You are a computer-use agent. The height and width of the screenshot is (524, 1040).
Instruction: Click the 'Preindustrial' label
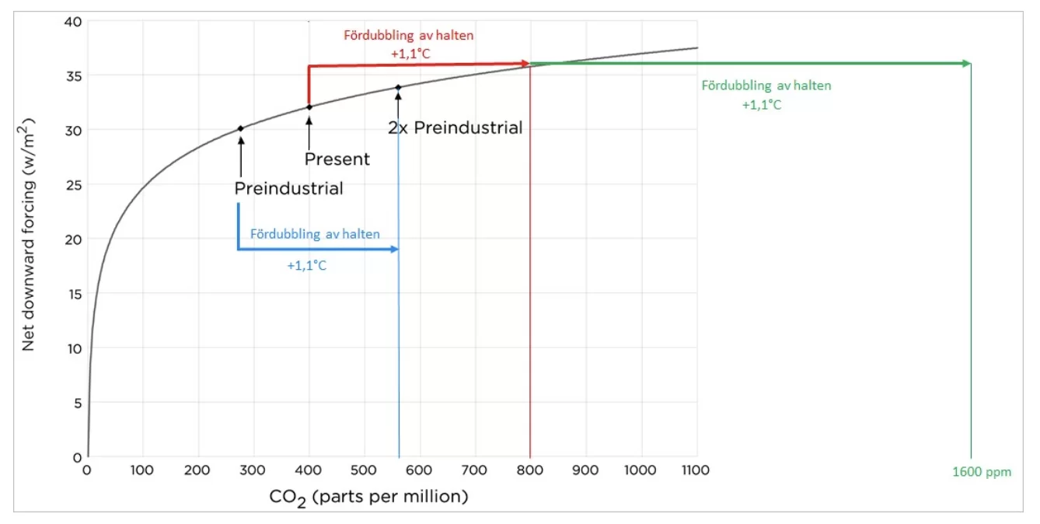288,189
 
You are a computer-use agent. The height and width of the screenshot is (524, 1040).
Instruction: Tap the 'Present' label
337,159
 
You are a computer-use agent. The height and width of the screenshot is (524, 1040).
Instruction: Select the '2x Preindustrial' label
455,128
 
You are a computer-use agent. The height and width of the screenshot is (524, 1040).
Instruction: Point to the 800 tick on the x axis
530,470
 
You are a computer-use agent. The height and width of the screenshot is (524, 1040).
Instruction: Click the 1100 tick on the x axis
695,470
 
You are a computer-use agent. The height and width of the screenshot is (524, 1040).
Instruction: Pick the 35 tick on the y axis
71,76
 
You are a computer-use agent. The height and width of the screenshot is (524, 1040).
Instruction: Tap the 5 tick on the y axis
75,403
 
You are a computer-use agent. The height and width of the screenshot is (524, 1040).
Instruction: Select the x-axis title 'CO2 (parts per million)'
368,497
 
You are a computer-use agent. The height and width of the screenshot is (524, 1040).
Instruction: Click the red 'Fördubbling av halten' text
409,35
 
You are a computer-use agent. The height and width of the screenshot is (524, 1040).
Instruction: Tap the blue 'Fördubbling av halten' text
315,233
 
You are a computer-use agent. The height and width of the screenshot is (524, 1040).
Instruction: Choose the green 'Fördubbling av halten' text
766,86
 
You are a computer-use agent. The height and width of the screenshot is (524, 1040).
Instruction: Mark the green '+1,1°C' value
762,105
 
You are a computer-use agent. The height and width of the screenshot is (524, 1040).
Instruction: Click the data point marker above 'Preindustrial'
240,128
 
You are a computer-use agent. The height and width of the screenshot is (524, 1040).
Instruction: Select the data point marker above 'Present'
309,107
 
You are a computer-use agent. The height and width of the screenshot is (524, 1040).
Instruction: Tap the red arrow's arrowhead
525,64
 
